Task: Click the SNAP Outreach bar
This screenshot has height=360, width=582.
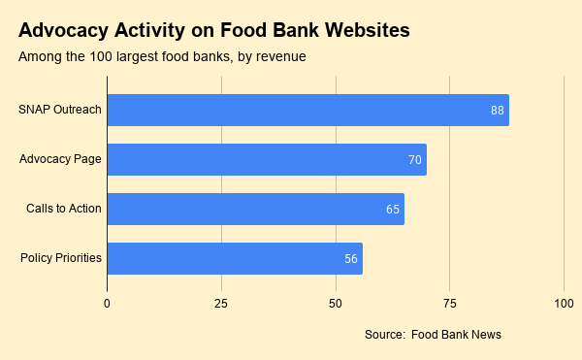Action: coord(308,110)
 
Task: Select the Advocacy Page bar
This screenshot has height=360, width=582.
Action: coord(267,159)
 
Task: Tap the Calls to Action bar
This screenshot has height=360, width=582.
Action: coord(256,209)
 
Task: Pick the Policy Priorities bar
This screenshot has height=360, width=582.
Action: coord(235,259)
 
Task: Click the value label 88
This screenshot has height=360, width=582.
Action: coord(498,111)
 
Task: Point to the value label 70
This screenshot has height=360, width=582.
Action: coord(415,159)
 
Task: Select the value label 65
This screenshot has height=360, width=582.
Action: coord(393,210)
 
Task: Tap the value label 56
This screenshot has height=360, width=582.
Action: coord(351,259)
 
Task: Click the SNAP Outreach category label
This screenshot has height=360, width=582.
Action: coord(60,110)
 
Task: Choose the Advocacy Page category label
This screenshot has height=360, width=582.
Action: coord(60,159)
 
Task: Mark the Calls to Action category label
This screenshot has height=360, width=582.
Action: coord(64,209)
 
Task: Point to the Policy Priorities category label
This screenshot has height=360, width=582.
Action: coord(61,257)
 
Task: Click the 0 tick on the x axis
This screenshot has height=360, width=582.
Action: coord(107,304)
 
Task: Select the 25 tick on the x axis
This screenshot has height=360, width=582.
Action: coord(221,304)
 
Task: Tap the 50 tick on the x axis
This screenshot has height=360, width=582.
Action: coord(336,304)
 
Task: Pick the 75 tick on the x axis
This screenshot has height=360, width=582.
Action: coord(449,304)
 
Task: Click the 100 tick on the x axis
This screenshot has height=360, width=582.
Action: coord(564,304)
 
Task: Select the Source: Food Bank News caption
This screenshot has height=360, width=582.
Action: coord(433,335)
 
